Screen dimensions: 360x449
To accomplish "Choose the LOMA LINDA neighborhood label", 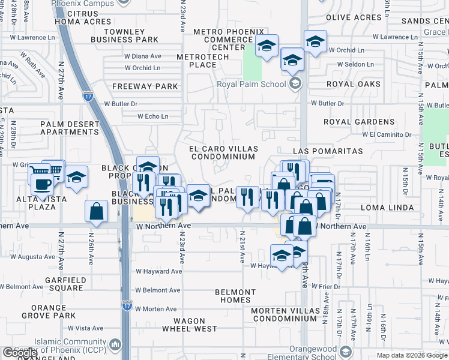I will (388, 208).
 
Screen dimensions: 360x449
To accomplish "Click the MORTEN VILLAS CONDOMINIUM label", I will (284, 314).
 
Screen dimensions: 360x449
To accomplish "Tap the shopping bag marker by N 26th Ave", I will (97, 211).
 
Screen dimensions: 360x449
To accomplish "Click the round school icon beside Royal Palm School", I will (295, 83).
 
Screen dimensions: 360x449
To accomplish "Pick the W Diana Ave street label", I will (143, 56).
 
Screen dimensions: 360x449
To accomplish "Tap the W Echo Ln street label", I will (153, 116).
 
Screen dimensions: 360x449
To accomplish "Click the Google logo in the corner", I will (20, 353).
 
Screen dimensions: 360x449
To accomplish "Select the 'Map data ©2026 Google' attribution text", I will (412, 355).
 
